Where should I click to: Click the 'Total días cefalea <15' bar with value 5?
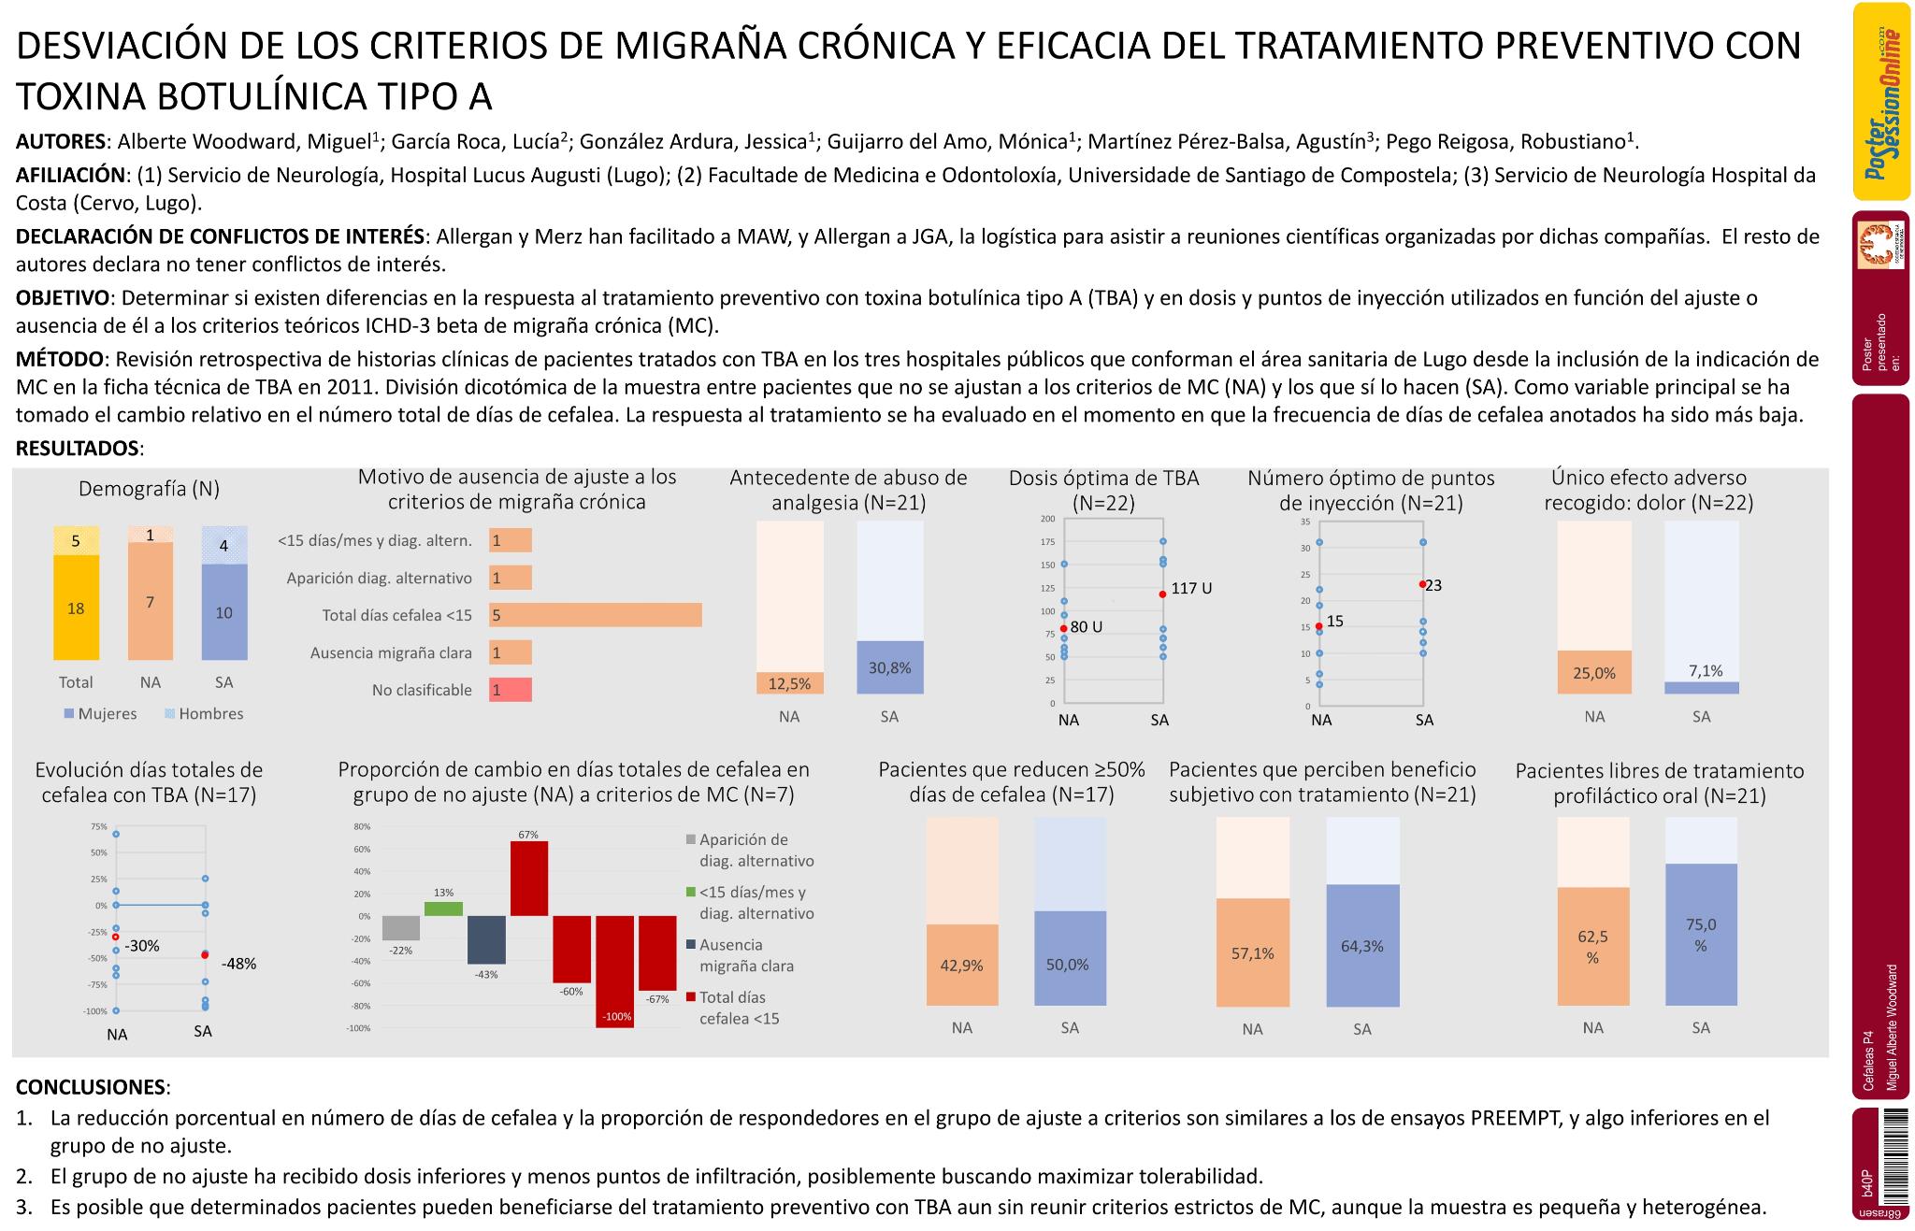click(x=595, y=615)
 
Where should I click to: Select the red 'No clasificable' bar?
click(x=511, y=690)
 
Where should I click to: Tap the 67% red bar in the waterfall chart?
click(x=529, y=878)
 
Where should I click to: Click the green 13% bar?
click(x=444, y=909)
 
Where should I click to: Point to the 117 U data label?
click(x=1191, y=589)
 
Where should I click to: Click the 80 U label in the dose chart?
click(x=1086, y=627)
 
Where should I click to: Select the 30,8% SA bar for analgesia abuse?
click(x=889, y=667)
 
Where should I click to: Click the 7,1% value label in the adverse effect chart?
click(x=1706, y=671)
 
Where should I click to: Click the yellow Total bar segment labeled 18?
click(x=76, y=608)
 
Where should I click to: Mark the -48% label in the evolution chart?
click(x=238, y=964)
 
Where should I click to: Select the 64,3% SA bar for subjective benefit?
click(x=1362, y=945)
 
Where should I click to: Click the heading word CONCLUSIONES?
click(x=91, y=1087)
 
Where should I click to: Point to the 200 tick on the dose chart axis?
click(x=1047, y=519)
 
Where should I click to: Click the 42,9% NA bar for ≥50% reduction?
click(x=962, y=965)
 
